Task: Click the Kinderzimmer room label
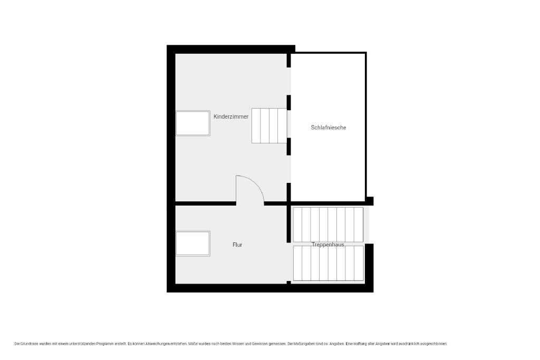(231, 116)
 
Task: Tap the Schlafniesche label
(328, 128)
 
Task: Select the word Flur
(237, 245)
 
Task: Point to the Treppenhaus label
(328, 245)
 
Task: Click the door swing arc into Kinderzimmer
(257, 182)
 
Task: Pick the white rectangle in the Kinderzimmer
(193, 123)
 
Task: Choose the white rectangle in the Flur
(193, 244)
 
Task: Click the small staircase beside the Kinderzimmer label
(269, 125)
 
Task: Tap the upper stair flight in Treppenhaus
(328, 225)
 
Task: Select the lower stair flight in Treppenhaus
(328, 264)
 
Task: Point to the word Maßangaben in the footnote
(305, 344)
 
